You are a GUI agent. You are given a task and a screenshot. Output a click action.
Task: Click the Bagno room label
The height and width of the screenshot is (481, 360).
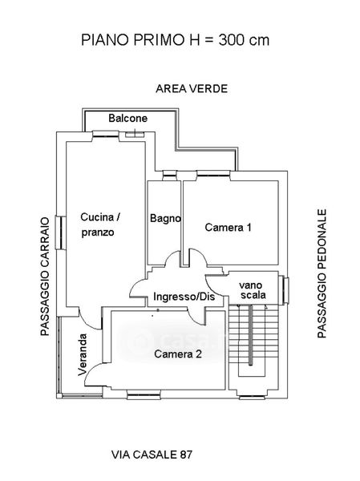click(x=165, y=218)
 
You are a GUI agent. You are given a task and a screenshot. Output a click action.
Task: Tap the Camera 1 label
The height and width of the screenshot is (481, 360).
click(x=228, y=228)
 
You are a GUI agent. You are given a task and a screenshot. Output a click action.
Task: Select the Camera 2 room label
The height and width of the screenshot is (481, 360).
click(x=178, y=354)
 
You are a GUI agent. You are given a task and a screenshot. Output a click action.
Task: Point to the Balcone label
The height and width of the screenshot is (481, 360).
click(x=128, y=118)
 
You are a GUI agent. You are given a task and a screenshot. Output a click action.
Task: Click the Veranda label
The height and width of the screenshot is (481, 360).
click(x=83, y=354)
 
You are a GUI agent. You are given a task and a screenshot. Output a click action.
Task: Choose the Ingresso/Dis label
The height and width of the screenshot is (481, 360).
click(x=184, y=297)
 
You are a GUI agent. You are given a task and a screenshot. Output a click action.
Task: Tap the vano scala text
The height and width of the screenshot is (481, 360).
click(x=253, y=290)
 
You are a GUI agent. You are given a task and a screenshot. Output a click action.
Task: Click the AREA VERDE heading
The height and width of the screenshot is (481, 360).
click(x=192, y=89)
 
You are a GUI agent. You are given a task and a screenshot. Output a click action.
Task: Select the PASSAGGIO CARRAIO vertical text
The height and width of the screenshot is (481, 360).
click(x=45, y=277)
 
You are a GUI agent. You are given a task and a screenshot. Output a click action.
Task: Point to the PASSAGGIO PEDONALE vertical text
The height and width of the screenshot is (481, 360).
click(x=322, y=273)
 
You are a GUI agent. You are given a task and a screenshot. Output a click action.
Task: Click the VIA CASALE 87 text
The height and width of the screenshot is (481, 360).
click(x=152, y=455)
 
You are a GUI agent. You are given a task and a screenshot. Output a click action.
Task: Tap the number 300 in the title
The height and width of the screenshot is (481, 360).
click(x=231, y=40)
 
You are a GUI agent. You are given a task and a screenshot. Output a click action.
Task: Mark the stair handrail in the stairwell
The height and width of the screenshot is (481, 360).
click(x=250, y=335)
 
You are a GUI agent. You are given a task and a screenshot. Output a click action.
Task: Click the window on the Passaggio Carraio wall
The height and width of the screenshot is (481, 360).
click(x=60, y=232)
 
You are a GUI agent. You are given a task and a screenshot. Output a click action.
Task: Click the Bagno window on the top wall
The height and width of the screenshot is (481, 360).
click(x=169, y=175)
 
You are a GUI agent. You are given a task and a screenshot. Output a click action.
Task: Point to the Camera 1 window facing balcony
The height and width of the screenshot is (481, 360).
click(x=213, y=174)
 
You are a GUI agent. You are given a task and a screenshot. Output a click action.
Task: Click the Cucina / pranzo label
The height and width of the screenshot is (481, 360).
click(x=99, y=224)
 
